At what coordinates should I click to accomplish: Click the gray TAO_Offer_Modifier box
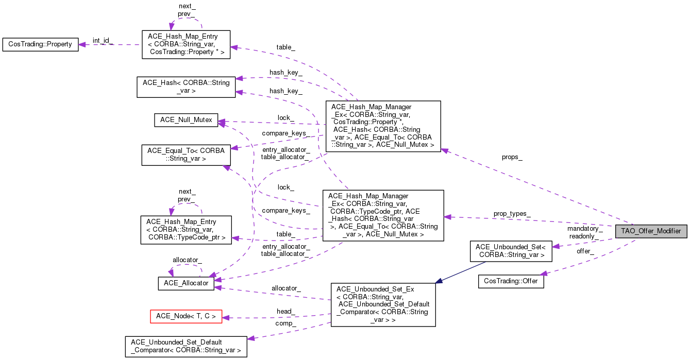(x=651, y=231)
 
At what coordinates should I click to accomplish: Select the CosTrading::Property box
(x=40, y=44)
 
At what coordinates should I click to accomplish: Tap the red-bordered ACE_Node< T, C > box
(x=186, y=316)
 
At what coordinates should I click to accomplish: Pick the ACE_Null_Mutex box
(x=186, y=120)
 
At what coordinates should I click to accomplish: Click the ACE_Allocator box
(x=186, y=283)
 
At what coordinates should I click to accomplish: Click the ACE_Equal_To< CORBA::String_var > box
(x=186, y=155)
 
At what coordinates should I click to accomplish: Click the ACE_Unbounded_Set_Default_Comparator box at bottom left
(x=186, y=347)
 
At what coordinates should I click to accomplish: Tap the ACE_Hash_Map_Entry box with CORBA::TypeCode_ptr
(x=186, y=230)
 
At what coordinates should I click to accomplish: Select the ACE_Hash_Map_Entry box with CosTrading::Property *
(x=186, y=44)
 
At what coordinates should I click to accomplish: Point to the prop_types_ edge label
(x=512, y=213)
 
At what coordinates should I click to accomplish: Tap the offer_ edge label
(x=585, y=251)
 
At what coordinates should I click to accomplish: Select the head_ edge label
(x=285, y=311)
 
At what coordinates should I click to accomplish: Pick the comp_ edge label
(x=285, y=323)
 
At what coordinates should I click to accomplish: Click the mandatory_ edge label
(x=584, y=228)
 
